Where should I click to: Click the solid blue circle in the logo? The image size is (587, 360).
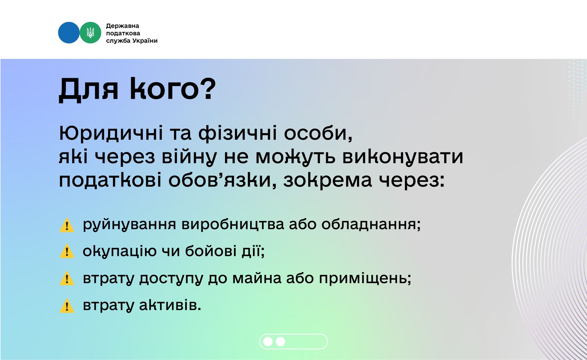pos(69,33)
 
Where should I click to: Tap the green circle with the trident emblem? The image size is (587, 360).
pos(90,33)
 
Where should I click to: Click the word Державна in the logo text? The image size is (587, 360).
pos(123,26)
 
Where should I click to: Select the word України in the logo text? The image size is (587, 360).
pos(145,41)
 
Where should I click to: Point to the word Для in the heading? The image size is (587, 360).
pos(88,90)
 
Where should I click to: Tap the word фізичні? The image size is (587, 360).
pos(237,133)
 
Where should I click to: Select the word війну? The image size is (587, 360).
pos(189,157)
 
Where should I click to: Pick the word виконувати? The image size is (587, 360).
pos(403,157)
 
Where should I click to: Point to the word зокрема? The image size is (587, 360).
pos(328,181)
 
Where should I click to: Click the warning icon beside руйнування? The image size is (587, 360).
pos(67,225)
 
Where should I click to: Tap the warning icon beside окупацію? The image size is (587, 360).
pos(67,251)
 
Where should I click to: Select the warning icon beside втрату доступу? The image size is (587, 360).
pos(67,278)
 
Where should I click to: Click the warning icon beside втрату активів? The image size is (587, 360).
pos(67,306)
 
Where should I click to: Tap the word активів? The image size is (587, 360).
pos(170,305)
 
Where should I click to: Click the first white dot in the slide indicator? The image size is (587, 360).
pos(268,342)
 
